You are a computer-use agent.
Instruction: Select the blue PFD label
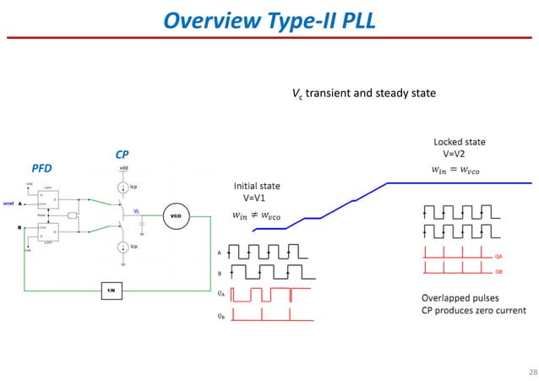pos(42,168)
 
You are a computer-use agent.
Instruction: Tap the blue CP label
pos(123,155)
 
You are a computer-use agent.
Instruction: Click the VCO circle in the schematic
pos(176,215)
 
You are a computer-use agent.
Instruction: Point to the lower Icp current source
pos(122,247)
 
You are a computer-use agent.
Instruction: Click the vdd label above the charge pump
pos(123,167)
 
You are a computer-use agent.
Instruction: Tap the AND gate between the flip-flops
pos(73,215)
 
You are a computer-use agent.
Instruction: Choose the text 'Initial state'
pos(257,185)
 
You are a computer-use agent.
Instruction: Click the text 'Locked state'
pos(459,142)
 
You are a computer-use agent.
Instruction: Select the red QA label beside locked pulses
pos(498,256)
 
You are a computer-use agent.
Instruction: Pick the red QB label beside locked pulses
pos(498,273)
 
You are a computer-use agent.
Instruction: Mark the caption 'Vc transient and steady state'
pos(363,93)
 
